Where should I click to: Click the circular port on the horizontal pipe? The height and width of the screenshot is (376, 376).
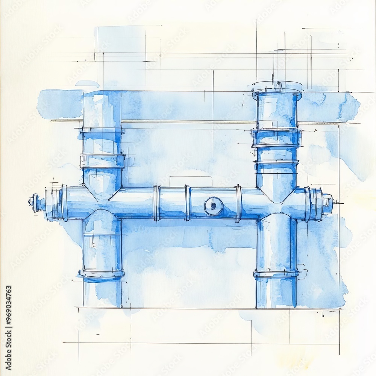pyautogui.click(x=214, y=206)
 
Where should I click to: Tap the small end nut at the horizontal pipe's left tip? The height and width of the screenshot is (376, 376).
pyautogui.click(x=32, y=201)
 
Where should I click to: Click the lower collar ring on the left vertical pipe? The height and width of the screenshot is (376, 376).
pyautogui.click(x=102, y=273)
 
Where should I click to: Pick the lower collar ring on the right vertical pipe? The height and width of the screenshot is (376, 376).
pyautogui.click(x=276, y=274)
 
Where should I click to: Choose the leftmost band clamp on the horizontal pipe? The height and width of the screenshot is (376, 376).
pyautogui.click(x=156, y=203)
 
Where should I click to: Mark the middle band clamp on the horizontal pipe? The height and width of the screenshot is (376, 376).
pyautogui.click(x=187, y=203)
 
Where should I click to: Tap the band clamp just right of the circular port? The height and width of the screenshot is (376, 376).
pyautogui.click(x=238, y=203)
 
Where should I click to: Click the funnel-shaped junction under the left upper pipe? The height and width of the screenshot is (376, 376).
pyautogui.click(x=102, y=190)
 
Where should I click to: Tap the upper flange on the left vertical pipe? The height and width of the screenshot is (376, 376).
pyautogui.click(x=102, y=130)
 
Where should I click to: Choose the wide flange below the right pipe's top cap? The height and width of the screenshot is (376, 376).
pyautogui.click(x=277, y=137)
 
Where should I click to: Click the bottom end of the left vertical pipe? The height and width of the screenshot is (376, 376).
pyautogui.click(x=102, y=303)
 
